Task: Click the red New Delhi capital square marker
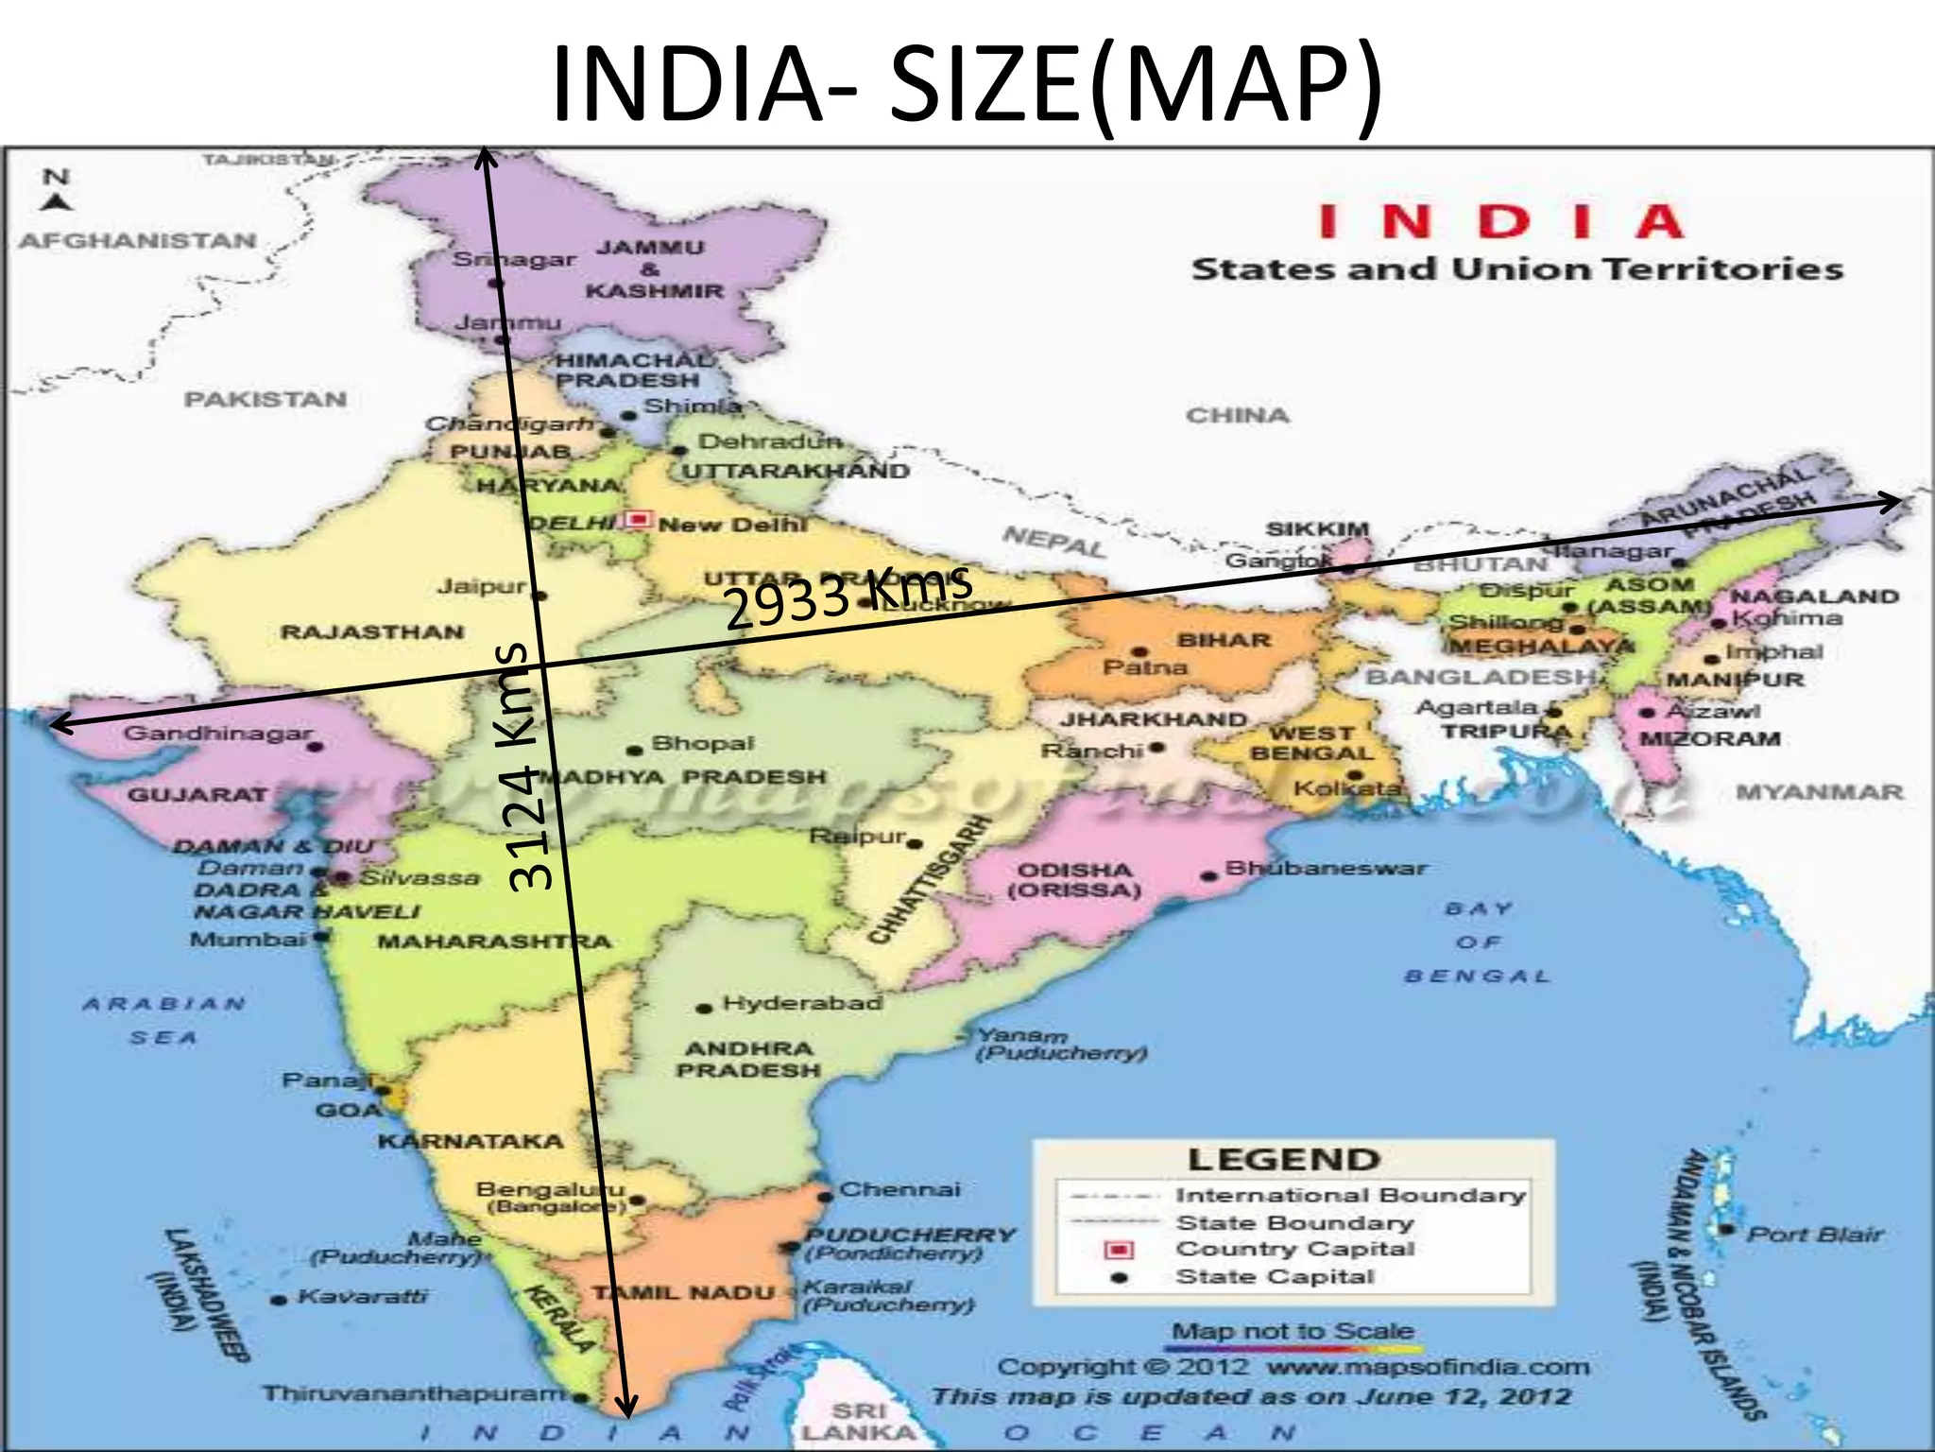[x=640, y=519]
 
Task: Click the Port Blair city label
[x=1814, y=1235]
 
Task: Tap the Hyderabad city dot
[x=703, y=1009]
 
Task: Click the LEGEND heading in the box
[x=1283, y=1160]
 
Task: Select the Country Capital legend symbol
[x=1119, y=1250]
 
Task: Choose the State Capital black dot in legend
[x=1120, y=1277]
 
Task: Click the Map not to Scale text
[x=1293, y=1331]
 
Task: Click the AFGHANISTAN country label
[x=138, y=241]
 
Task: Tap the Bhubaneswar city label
[x=1326, y=868]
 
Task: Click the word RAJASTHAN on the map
[x=372, y=631]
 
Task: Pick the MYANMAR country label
[x=1819, y=792]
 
